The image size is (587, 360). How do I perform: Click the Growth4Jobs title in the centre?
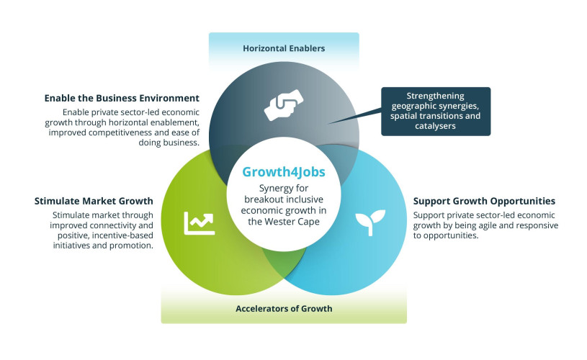point(284,172)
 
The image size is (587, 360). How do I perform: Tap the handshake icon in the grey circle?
point(284,105)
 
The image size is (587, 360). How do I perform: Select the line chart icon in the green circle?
point(200,223)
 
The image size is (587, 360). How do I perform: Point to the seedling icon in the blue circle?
point(370,222)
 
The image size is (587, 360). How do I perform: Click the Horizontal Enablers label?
point(284,48)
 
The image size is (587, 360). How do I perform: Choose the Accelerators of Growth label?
point(284,309)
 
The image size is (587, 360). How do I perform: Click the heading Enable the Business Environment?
point(122,98)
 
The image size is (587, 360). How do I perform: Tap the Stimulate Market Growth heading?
point(94,201)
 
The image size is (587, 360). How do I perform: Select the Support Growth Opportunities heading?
point(484,201)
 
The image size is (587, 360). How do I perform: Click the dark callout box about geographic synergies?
point(436,112)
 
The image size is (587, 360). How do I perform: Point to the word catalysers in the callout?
point(435,126)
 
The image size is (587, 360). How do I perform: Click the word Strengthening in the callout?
point(435,96)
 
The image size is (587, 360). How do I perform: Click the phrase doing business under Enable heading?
point(169,143)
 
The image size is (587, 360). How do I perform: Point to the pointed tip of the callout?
point(328,123)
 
